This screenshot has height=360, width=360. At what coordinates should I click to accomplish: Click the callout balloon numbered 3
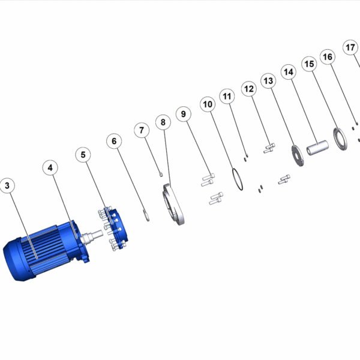(x=7, y=185)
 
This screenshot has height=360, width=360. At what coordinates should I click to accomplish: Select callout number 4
(x=50, y=168)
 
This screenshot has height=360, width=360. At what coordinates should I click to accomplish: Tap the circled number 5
(x=83, y=155)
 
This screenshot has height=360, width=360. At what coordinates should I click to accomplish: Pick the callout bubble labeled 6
(x=114, y=141)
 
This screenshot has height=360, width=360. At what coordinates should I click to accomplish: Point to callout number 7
(x=142, y=130)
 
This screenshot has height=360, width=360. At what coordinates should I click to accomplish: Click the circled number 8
(x=163, y=122)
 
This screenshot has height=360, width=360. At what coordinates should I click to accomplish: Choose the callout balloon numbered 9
(x=184, y=114)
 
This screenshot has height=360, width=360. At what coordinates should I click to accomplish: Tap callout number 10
(x=208, y=104)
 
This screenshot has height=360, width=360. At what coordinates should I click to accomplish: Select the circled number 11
(x=227, y=96)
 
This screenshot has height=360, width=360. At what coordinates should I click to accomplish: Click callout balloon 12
(x=249, y=89)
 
